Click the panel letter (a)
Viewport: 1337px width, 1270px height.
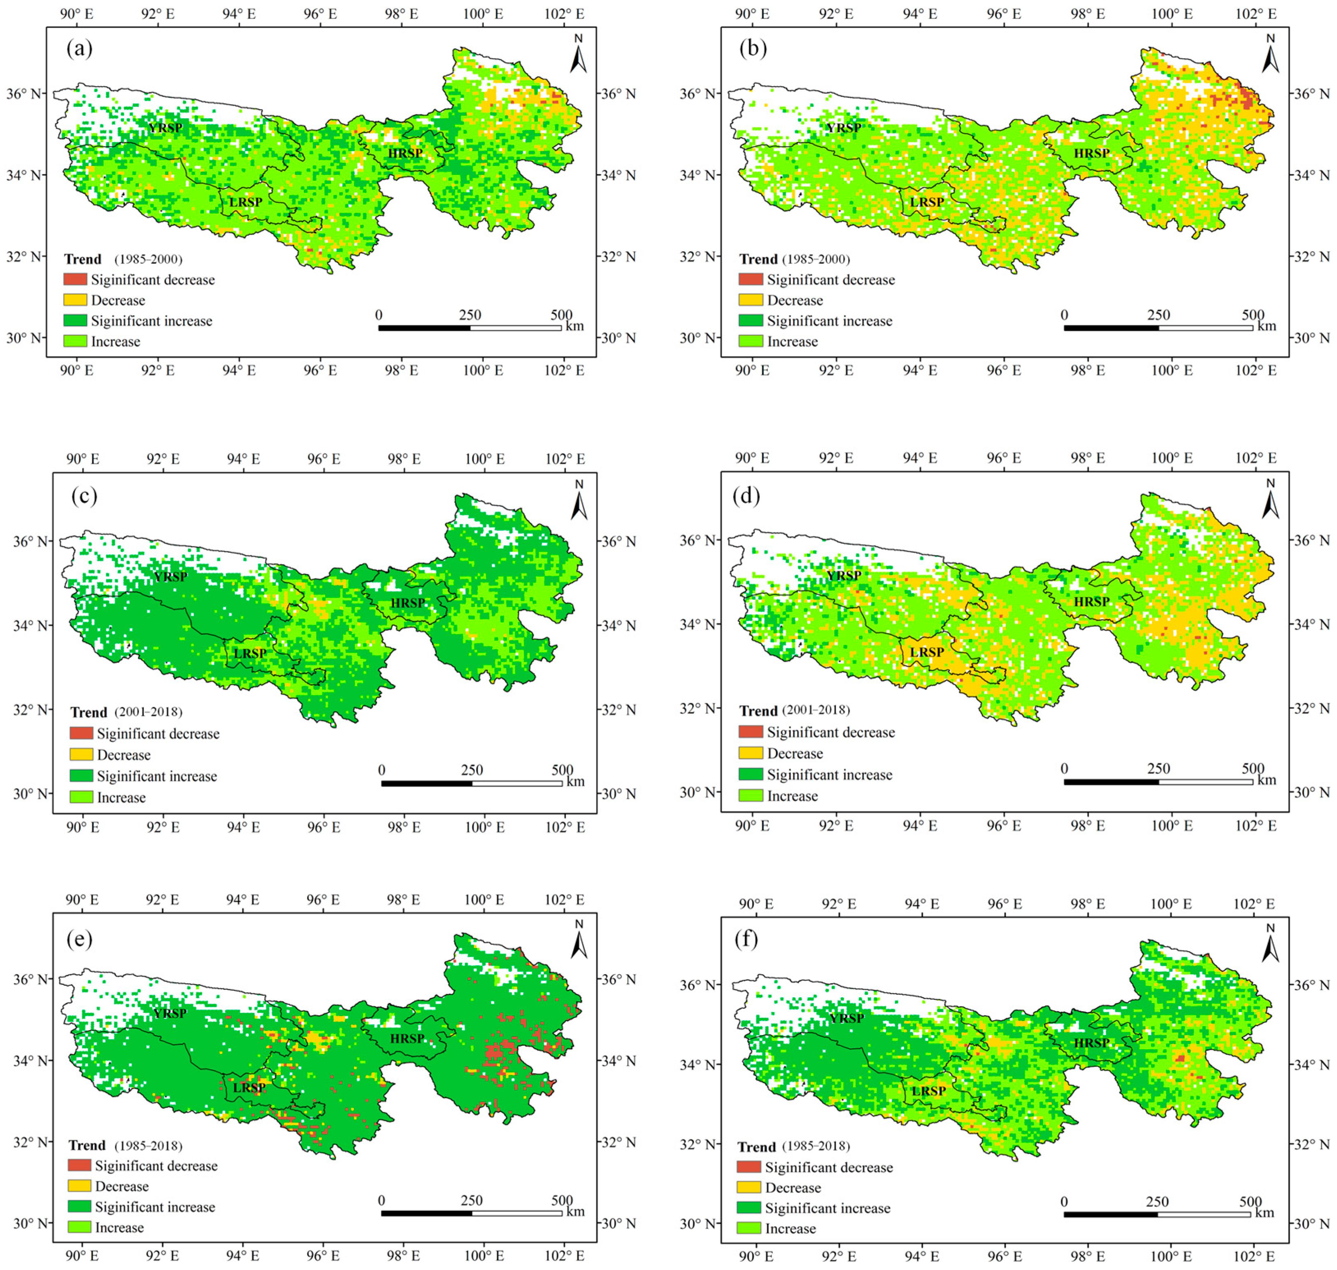[x=79, y=49]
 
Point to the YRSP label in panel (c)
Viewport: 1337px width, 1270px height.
[x=170, y=577]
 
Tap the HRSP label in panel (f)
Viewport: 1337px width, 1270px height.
[x=1092, y=1043]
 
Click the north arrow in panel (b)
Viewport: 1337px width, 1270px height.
[x=1270, y=54]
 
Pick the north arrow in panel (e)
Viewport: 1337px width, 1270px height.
[x=578, y=940]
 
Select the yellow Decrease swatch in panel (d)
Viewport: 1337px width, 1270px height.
[x=750, y=753]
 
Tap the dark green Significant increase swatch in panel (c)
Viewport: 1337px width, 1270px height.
[x=81, y=776]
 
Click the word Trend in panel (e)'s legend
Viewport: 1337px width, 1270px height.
[x=87, y=1146]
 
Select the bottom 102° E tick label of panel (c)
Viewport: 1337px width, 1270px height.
[x=564, y=827]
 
